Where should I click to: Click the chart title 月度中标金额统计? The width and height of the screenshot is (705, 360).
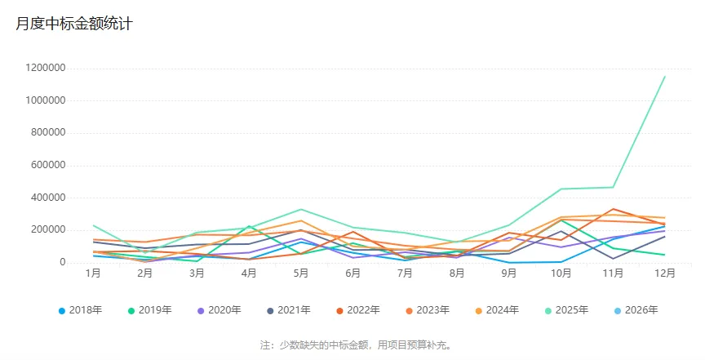[74, 24]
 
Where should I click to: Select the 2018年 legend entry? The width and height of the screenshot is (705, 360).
[80, 310]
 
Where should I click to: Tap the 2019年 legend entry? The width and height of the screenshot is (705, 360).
[149, 310]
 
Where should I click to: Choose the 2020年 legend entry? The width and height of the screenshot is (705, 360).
[219, 310]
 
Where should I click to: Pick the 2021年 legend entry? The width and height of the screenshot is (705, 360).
[289, 310]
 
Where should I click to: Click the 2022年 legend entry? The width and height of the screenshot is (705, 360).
[358, 310]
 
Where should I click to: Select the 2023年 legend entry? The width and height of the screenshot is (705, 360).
[428, 310]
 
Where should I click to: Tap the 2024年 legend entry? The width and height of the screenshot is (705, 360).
[497, 310]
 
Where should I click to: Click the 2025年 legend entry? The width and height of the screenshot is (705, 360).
[566, 310]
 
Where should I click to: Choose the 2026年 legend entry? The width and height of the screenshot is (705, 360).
[636, 310]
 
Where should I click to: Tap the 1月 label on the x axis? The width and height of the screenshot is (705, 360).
[93, 273]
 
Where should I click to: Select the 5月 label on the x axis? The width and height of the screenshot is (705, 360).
[301, 273]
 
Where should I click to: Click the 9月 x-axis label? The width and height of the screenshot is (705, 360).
[509, 273]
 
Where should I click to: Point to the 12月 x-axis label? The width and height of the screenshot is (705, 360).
[665, 273]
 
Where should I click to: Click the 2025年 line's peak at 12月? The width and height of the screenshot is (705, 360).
[665, 77]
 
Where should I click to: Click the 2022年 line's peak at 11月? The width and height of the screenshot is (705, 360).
[613, 209]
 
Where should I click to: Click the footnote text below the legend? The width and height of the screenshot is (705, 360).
[352, 345]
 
